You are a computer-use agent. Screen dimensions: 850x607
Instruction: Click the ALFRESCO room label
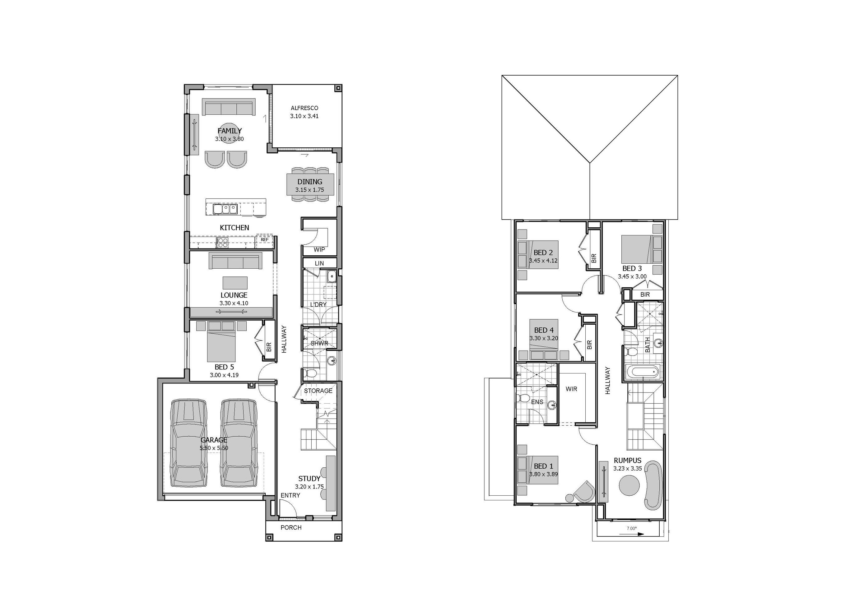click(304, 108)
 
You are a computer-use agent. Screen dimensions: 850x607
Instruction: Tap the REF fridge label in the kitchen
click(264, 239)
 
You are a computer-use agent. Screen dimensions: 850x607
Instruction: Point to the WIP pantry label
click(319, 250)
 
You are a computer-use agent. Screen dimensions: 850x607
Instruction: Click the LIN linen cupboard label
click(319, 263)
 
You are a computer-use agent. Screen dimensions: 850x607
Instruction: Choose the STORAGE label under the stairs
click(318, 391)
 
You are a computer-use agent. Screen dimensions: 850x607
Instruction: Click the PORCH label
click(291, 527)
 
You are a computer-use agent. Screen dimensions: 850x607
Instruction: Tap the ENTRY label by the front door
click(290, 495)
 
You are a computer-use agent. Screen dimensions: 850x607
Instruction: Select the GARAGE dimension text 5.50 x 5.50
click(214, 448)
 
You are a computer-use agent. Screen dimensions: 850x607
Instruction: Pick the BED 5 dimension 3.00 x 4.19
click(224, 375)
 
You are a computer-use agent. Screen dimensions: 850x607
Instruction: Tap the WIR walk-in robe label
click(571, 389)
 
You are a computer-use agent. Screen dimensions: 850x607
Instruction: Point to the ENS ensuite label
click(537, 402)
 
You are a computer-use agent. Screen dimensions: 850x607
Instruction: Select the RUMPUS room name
click(627, 461)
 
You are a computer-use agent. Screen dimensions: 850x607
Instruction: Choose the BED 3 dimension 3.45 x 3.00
click(632, 276)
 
